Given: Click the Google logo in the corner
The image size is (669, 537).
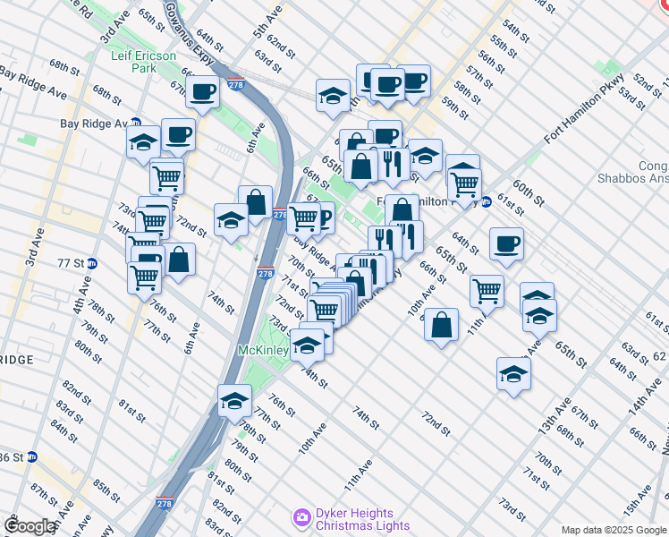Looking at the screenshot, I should [x=30, y=526].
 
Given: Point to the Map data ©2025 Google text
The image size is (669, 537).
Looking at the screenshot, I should [x=614, y=530].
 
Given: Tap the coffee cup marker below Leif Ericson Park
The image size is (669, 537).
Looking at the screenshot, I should [x=204, y=91].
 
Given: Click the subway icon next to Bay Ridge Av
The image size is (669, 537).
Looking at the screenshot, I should [x=136, y=124].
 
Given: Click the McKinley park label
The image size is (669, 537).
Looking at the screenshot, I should [x=263, y=350].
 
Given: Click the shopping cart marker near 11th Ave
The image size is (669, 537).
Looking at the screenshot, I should [x=486, y=289].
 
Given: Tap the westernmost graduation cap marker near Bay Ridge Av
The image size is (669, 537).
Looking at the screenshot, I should [x=142, y=141].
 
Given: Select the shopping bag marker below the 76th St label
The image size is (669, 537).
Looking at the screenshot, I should [x=179, y=260].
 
